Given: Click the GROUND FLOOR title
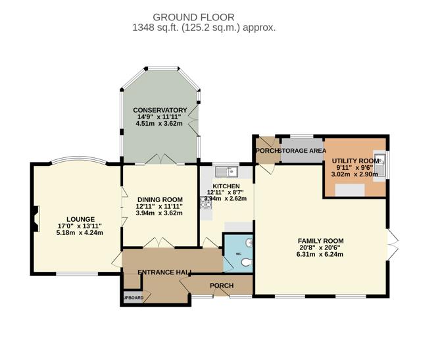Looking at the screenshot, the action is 193,17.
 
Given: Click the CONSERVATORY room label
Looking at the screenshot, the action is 160,110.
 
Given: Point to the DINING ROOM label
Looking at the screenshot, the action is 160,199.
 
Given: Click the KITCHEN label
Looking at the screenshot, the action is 226,186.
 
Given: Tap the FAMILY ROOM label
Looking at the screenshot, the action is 321,241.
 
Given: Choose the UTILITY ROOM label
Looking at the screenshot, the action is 356,161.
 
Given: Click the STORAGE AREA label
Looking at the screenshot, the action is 303,151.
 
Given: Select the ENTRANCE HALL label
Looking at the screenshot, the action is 164,272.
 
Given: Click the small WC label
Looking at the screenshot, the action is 239,254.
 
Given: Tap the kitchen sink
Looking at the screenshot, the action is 226,172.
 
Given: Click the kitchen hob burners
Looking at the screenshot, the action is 205,203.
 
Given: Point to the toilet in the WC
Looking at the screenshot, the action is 247,263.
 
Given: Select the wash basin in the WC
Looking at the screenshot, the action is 249,243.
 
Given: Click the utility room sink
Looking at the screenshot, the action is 379,165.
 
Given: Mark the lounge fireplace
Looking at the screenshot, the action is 36,219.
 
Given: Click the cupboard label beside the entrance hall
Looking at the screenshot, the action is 134,298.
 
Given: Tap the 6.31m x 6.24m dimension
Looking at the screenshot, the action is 320,255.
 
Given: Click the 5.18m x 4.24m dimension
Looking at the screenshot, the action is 80,232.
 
